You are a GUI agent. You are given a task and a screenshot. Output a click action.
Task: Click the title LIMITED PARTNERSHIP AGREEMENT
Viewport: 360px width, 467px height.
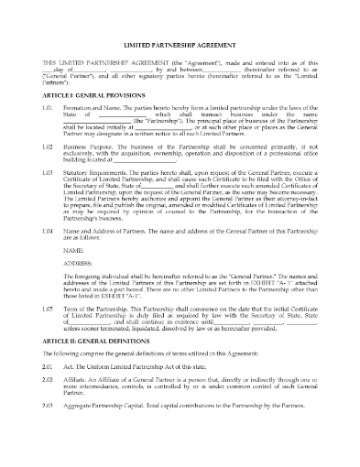click(180, 69)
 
